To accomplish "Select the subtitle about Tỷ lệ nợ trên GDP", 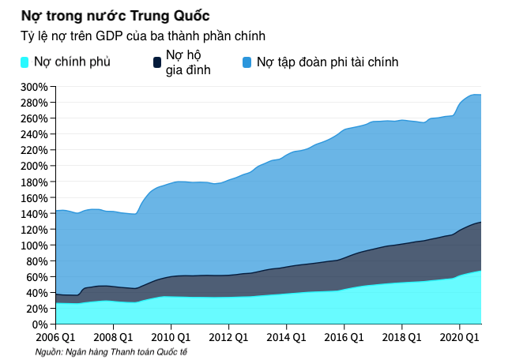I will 142,36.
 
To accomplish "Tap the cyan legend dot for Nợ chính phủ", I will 24,62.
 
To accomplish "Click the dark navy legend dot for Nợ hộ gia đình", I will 156,62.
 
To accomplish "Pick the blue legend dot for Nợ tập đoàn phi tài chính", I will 247,62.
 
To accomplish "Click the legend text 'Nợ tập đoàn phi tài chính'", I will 327,62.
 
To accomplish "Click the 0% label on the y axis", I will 40,324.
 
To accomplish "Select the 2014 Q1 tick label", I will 286,337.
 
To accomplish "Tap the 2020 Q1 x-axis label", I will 459,337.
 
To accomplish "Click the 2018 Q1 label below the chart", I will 401,337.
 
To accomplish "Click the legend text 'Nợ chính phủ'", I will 72,62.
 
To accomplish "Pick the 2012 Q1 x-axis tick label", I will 228,337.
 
